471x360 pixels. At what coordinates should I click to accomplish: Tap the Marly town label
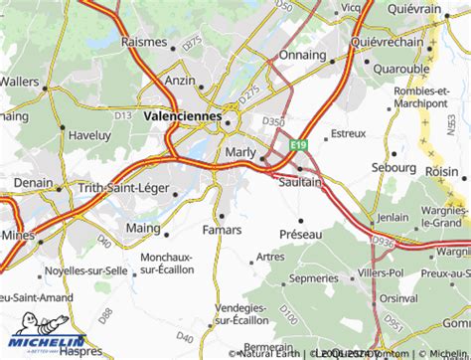click(x=240, y=151)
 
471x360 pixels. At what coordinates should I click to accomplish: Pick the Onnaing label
click(x=303, y=55)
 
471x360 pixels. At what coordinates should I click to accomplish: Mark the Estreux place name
click(x=348, y=132)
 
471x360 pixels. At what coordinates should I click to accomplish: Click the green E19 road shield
click(x=297, y=145)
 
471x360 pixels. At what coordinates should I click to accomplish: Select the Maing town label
click(x=143, y=229)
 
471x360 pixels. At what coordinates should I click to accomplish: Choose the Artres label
click(x=270, y=257)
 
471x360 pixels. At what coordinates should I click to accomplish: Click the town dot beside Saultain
click(x=299, y=168)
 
